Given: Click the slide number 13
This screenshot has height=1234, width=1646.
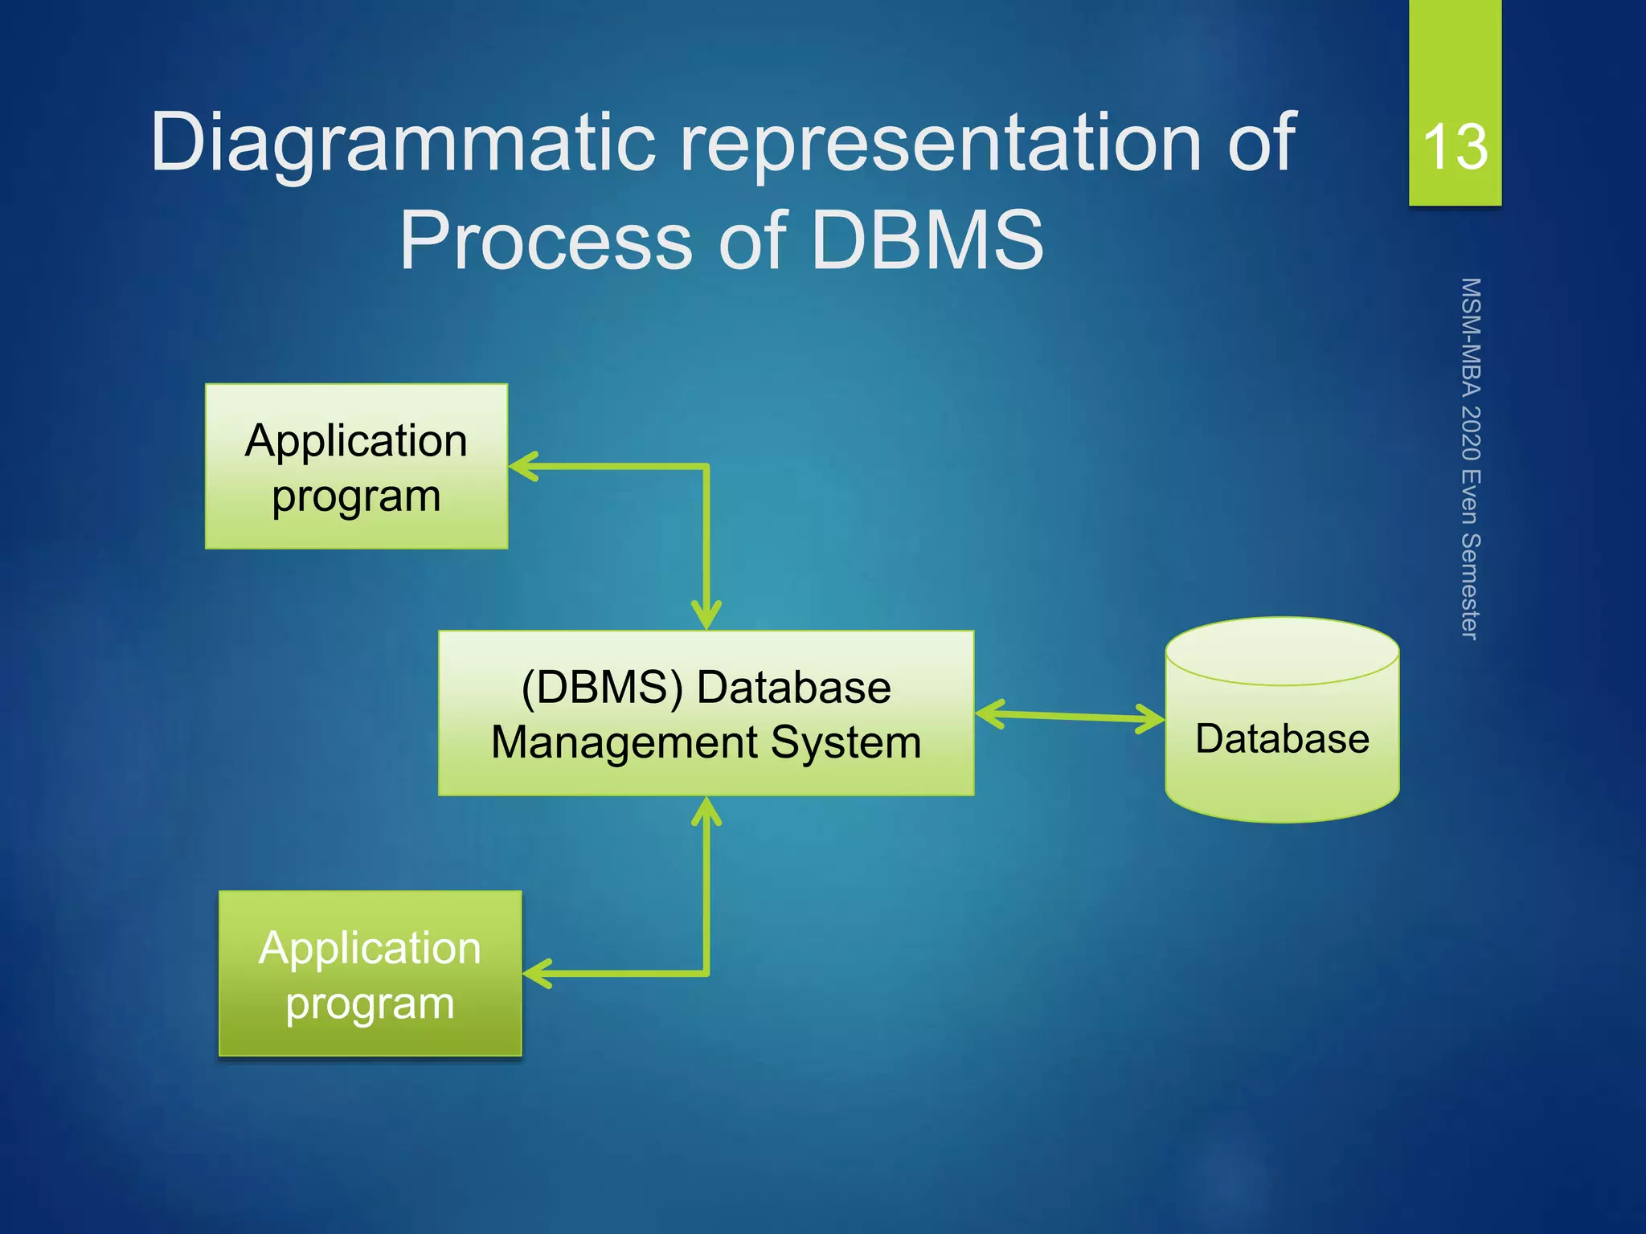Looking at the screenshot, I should pos(1455,147).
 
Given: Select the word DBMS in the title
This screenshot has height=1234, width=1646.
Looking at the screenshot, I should pos(927,240).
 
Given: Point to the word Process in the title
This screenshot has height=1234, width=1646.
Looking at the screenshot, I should pos(546,240).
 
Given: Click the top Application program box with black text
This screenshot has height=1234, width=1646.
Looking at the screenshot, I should pos(356,467).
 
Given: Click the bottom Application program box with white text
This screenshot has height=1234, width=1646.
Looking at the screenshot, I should pos(370,974).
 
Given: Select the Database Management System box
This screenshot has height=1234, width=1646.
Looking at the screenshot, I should pos(706,713).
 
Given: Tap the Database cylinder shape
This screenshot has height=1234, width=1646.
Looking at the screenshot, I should pos(1282,771).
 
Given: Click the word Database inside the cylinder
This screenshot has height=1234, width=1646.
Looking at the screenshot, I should pos(1282,738).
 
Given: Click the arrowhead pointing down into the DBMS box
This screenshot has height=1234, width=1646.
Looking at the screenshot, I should pos(706,619).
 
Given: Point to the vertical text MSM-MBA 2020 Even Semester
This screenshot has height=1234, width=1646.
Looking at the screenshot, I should pos(1470,459).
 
